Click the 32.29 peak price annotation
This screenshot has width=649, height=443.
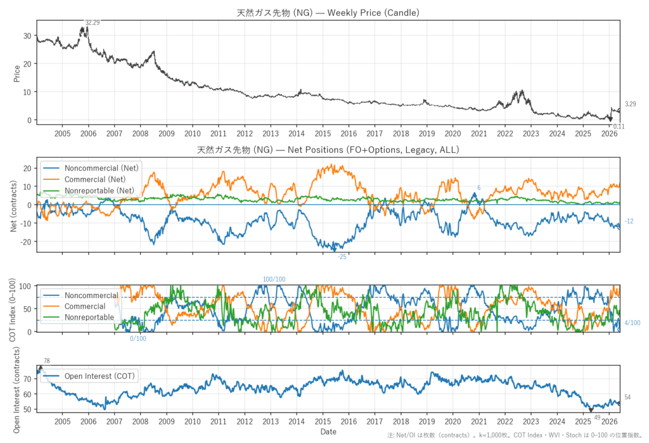click(x=93, y=23)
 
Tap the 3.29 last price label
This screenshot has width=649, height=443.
click(x=630, y=105)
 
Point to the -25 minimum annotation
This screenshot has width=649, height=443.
click(x=342, y=257)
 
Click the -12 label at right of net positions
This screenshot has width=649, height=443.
click(x=629, y=222)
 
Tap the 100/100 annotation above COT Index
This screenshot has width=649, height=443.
click(x=274, y=279)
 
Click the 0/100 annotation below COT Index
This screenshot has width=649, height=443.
click(x=138, y=338)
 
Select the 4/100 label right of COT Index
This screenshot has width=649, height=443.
click(x=632, y=323)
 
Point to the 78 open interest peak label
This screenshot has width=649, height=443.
click(x=46, y=361)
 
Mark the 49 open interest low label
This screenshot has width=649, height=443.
click(x=597, y=418)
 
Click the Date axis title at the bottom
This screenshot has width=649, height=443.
click(x=328, y=432)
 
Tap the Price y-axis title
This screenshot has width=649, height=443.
click(x=17, y=74)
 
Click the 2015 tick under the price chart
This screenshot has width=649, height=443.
click(x=323, y=134)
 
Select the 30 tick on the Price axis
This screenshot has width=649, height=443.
click(x=27, y=36)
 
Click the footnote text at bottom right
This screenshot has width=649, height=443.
click(x=515, y=435)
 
